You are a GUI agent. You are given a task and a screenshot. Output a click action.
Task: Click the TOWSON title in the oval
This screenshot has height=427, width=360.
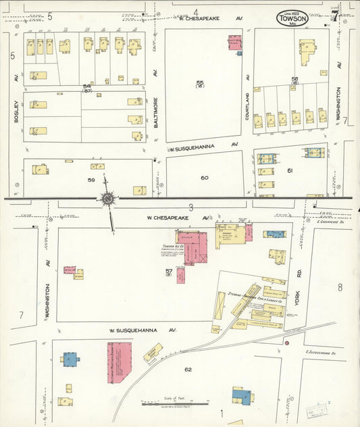[292, 19]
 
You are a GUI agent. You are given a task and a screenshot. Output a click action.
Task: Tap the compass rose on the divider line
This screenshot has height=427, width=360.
[107, 198]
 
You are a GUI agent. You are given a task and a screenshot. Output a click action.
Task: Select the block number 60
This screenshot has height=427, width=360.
[205, 178]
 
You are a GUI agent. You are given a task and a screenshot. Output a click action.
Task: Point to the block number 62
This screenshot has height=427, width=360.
[188, 370]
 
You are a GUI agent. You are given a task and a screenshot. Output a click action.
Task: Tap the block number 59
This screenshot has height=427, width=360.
[91, 180]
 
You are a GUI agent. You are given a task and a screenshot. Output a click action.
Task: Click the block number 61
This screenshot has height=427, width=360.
[290, 171]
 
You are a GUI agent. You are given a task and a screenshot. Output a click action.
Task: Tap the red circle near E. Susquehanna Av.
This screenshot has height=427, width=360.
[287, 343]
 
